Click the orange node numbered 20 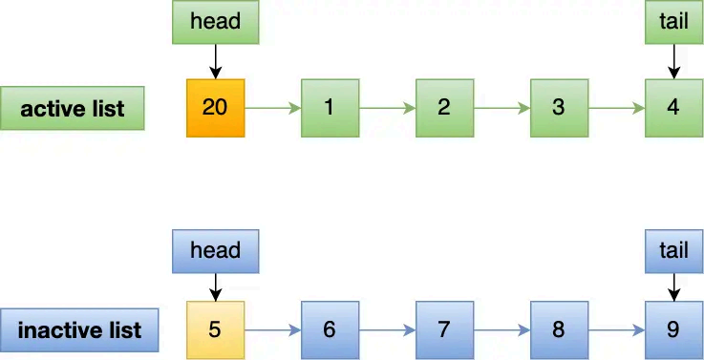pos(215,107)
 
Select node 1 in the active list pos(330,107)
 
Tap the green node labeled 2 pos(444,107)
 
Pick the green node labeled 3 pos(559,107)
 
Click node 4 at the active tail pos(673,107)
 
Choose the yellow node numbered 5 pos(215,329)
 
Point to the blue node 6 pos(330,329)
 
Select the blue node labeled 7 pos(444,329)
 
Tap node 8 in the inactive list pos(559,329)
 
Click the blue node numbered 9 pos(673,329)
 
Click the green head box pos(215,22)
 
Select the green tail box pos(673,22)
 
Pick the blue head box pos(215,250)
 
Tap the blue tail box pos(673,250)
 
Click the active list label pos(73,108)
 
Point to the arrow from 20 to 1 pos(272,107)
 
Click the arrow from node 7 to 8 pos(501,329)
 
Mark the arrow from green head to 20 pos(215,60)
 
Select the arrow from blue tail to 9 pos(673,286)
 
